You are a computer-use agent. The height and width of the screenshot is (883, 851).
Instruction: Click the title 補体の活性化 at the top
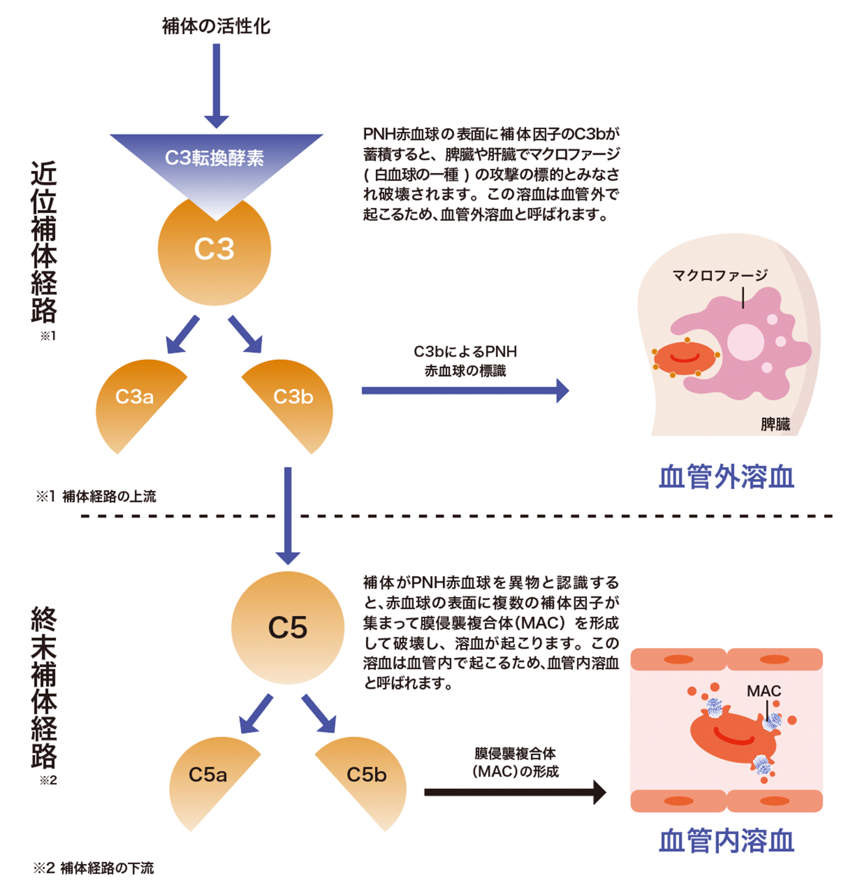click(x=216, y=26)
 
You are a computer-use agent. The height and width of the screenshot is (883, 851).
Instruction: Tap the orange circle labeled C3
click(x=214, y=261)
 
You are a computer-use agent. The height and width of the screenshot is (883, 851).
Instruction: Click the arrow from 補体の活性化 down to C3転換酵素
click(x=216, y=86)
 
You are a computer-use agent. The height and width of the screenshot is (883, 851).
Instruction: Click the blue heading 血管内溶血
click(x=726, y=841)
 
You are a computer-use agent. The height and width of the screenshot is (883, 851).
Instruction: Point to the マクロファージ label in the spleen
click(x=720, y=275)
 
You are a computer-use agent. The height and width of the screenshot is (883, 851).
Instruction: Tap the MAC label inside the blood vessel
click(x=764, y=691)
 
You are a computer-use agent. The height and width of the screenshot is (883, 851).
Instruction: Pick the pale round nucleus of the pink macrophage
click(x=745, y=342)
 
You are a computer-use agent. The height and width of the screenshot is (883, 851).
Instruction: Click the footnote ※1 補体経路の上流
click(x=96, y=497)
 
